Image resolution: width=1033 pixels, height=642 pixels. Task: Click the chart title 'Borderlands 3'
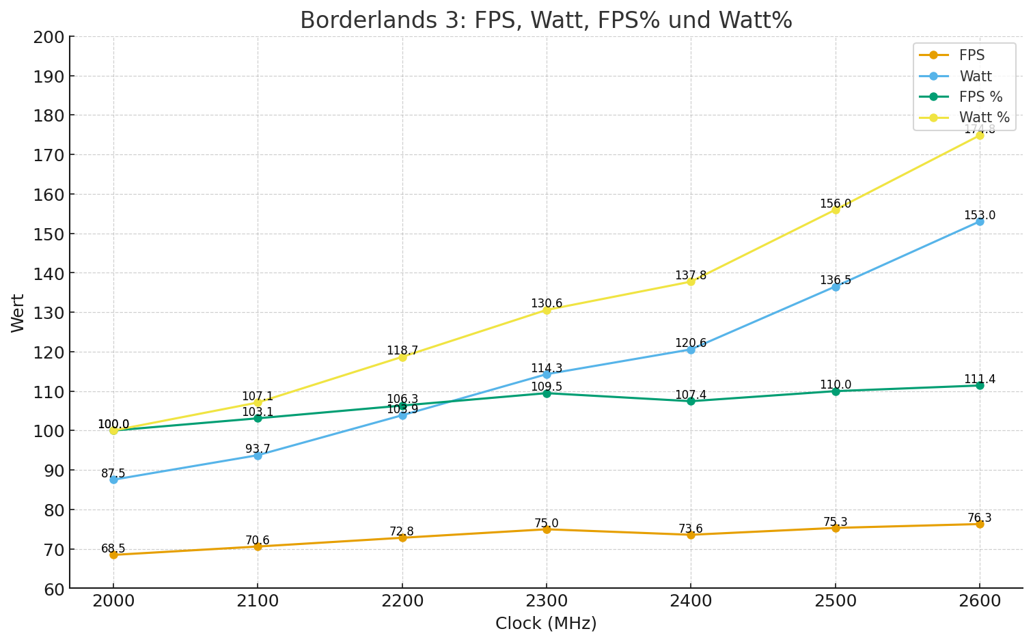coord(546,20)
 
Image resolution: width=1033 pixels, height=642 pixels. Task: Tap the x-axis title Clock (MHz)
coord(546,624)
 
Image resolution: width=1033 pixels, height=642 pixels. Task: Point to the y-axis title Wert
coord(18,313)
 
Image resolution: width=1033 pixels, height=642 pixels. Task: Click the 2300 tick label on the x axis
coord(547,601)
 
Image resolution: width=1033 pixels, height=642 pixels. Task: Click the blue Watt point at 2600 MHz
coord(980,221)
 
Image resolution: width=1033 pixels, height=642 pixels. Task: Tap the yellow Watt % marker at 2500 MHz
coord(836,209)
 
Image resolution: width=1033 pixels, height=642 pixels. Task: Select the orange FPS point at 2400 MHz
coord(691,535)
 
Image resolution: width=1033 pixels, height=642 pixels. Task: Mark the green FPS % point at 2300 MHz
coord(547,393)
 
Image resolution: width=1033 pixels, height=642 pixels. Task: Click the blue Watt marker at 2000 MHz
coord(113,479)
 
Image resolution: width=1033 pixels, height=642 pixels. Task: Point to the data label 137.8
coord(691,276)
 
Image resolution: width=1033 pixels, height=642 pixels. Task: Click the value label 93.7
coord(258,449)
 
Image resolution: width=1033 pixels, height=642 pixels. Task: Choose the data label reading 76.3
coord(980,518)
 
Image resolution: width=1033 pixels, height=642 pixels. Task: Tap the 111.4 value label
coord(980,380)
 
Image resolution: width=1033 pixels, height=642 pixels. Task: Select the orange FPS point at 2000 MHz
coord(113,555)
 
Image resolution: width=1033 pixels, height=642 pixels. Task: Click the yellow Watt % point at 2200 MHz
coord(402,357)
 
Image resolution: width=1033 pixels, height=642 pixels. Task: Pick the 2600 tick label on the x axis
coord(980,601)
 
